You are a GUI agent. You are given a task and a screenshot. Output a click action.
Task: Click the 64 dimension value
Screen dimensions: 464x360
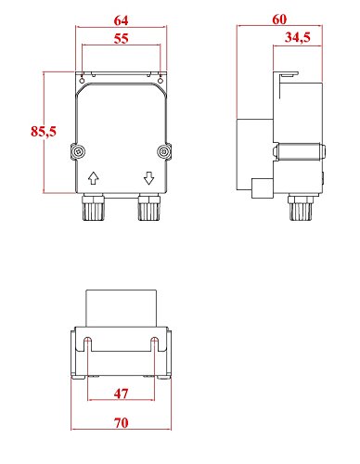[122, 19]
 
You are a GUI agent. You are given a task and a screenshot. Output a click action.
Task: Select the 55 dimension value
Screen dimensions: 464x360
[122, 39]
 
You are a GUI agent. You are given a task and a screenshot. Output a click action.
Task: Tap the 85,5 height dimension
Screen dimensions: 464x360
[44, 133]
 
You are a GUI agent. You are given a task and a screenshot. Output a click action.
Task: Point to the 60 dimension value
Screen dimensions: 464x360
[280, 19]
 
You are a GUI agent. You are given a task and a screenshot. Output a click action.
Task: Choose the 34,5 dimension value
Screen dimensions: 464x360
[299, 39]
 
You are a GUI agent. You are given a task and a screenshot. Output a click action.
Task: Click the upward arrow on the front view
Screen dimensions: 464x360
[93, 177]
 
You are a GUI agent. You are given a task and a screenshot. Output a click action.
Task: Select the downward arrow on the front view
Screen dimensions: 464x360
[148, 177]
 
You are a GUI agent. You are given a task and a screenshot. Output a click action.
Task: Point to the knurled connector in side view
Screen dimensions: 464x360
[299, 210]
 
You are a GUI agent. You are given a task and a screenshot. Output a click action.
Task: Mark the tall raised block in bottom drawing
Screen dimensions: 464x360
[122, 308]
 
